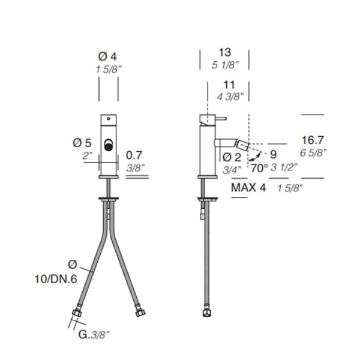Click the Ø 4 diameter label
pyautogui.click(x=107, y=57)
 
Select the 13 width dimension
pyautogui.click(x=224, y=52)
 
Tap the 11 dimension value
pyautogui.click(x=229, y=85)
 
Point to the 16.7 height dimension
pyautogui.click(x=313, y=140)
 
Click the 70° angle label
pyautogui.click(x=259, y=168)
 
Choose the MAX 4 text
pyautogui.click(x=248, y=188)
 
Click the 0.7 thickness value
pyautogui.click(x=134, y=155)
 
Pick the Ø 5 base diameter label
pyautogui.click(x=82, y=143)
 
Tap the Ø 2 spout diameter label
pyautogui.click(x=232, y=157)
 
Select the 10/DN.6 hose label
pyautogui.click(x=56, y=280)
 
